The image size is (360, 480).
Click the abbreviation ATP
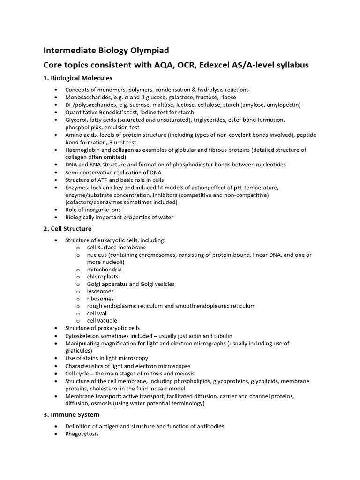[101, 180]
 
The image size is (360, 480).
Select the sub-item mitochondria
[104, 270]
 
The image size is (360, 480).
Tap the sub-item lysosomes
[100, 291]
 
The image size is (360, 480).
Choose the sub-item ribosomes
[100, 299]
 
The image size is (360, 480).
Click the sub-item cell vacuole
[102, 321]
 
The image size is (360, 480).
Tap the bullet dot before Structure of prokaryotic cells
[57, 328]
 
